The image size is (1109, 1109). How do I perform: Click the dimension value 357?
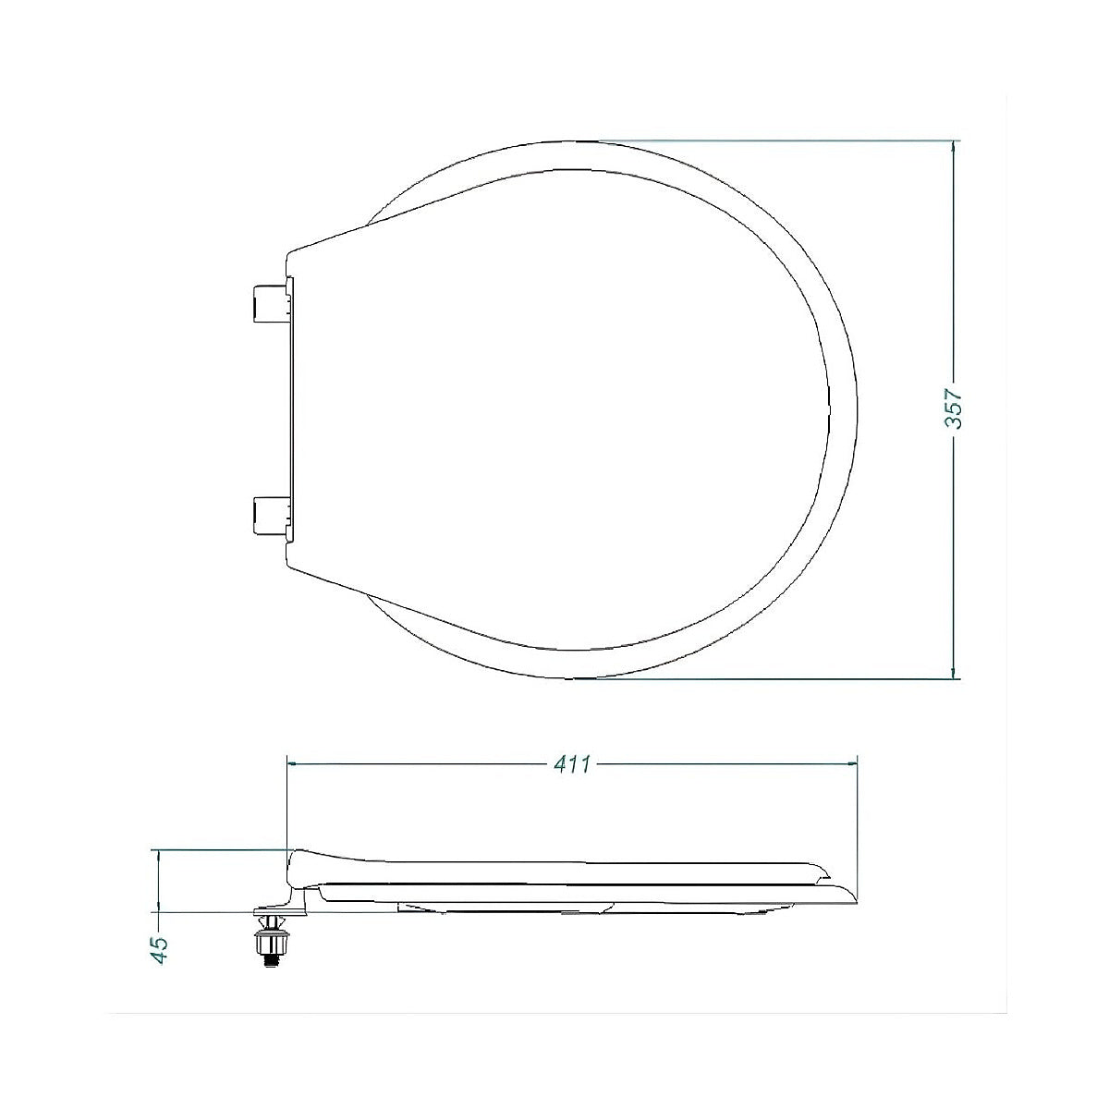coord(954,408)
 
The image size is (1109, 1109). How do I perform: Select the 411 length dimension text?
coord(572,764)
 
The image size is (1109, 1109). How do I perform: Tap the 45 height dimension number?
coord(160,950)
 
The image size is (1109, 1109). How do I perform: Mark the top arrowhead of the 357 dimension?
coord(954,146)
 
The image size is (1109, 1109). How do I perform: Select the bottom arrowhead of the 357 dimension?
coord(954,673)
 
